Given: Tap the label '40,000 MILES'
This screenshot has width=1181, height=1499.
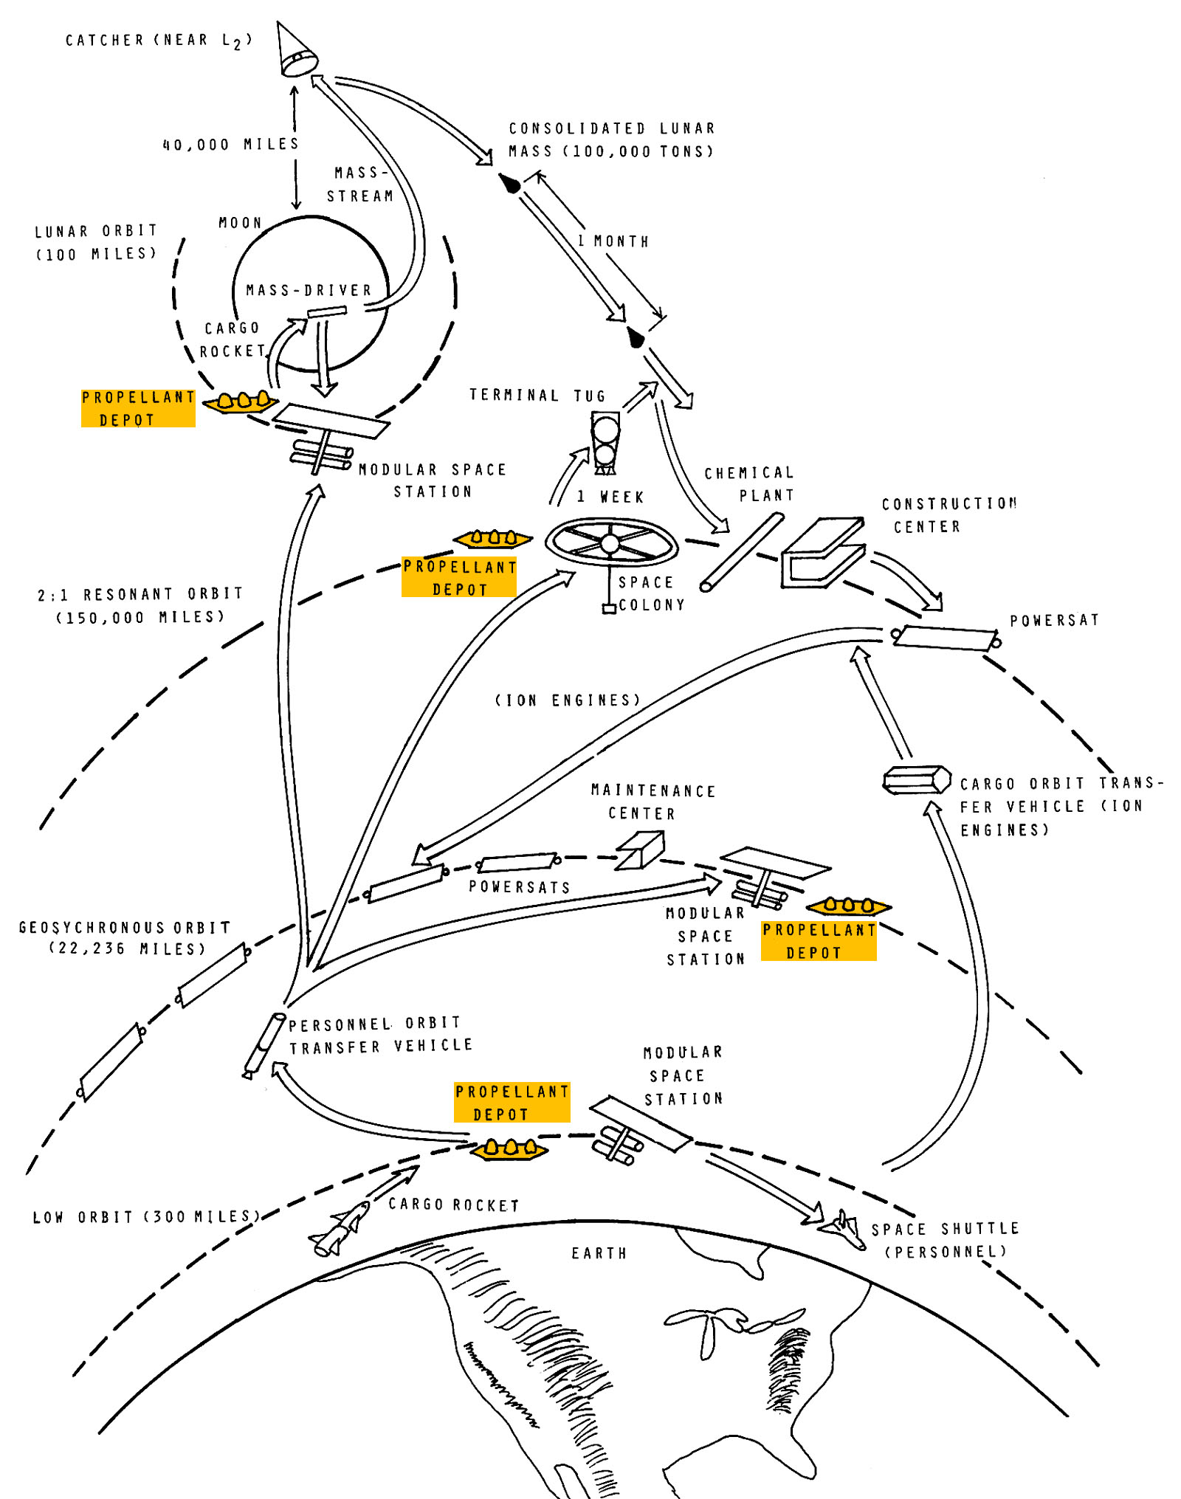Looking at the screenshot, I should point(230,144).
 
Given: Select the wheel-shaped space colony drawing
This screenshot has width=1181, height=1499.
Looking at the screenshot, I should point(610,542).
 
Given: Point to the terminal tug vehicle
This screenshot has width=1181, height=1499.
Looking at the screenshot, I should point(605,443).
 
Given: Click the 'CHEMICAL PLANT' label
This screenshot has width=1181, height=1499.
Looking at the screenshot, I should point(749,483).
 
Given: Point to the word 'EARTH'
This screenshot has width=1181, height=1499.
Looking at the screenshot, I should point(599,1253).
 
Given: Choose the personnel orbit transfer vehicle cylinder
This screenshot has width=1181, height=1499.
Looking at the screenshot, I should point(264,1045).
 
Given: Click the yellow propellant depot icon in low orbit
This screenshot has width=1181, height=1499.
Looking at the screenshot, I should point(509,1149).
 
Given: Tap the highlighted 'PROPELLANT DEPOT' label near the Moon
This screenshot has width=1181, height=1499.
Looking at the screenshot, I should point(138,408).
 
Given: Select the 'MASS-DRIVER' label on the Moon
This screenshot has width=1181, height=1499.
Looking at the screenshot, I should point(309,290).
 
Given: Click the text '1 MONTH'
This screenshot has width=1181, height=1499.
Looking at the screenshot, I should point(613,241).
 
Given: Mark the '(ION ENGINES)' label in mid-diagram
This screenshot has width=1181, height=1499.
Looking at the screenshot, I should point(567,700).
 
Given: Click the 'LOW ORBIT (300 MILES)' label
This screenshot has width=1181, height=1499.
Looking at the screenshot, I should point(146,1216).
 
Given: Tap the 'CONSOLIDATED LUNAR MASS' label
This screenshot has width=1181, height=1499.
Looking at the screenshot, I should point(612,139).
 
